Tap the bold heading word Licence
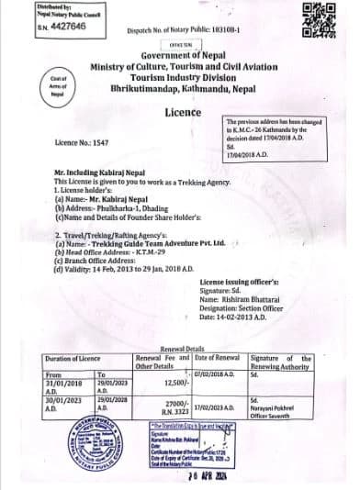182,112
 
